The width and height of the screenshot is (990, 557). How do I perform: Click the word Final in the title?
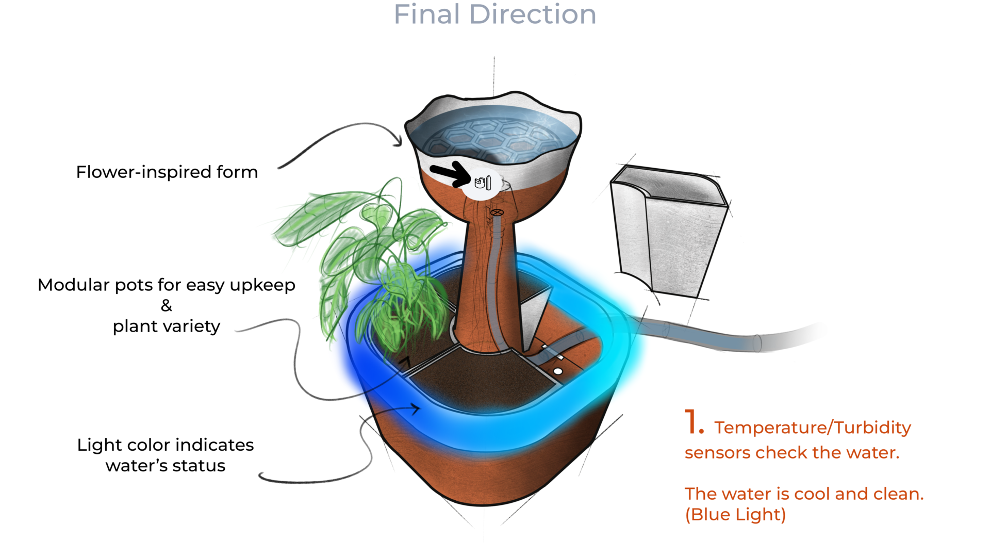[x=426, y=14]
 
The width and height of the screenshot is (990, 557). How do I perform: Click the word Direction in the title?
[x=533, y=14]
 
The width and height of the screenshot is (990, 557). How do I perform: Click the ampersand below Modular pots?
[x=166, y=306]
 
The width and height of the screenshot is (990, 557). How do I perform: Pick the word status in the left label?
[x=201, y=466]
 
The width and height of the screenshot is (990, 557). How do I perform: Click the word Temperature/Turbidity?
[x=813, y=428]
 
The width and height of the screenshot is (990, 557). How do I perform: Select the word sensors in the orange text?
[x=717, y=453]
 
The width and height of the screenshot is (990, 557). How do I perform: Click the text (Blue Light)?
[x=735, y=515]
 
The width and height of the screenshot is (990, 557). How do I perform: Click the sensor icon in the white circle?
[x=483, y=183]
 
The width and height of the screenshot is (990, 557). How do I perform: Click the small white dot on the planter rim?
[x=558, y=371]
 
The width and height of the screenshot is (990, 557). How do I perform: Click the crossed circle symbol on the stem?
[x=497, y=212]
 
